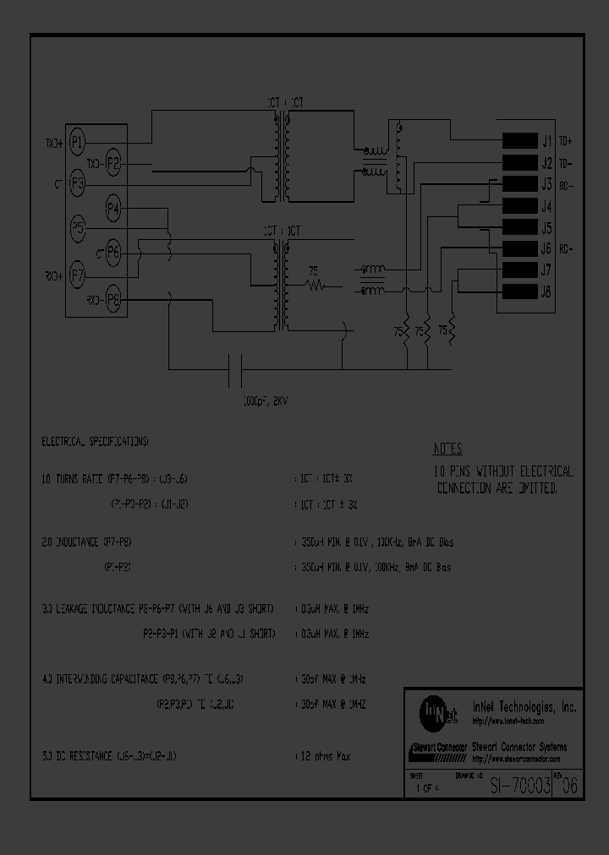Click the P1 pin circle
tap(77, 141)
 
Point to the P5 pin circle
tap(77, 227)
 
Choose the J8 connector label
tap(546, 292)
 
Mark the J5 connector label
tap(546, 228)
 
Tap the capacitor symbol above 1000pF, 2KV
tap(236, 368)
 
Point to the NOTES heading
tap(447, 449)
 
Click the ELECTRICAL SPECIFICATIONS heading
tap(95, 442)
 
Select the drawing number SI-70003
tap(521, 785)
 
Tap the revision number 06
tap(571, 785)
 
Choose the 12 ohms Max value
tap(328, 756)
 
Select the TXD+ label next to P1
tap(52, 142)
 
